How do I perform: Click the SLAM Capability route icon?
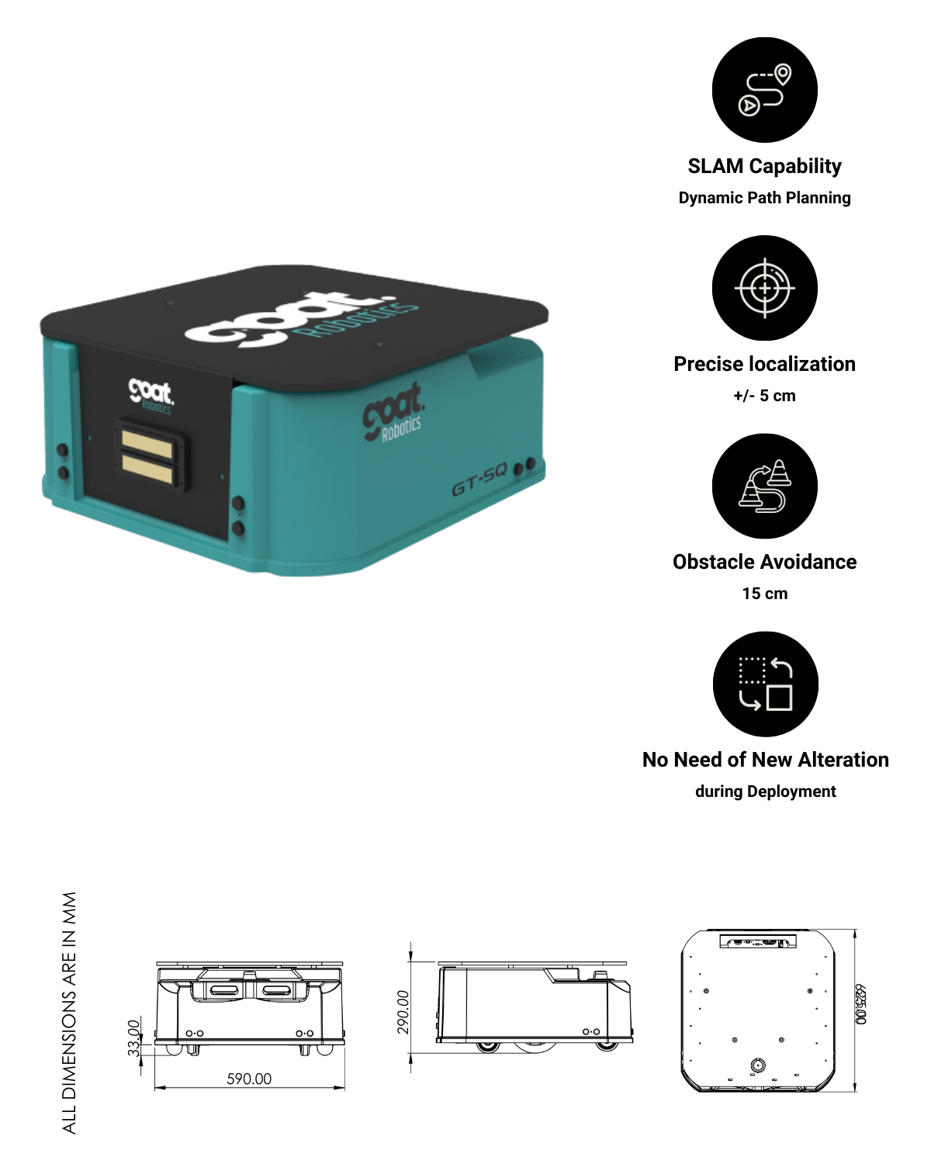[764, 90]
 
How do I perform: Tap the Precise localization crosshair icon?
[764, 288]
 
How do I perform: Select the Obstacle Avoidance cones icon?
[764, 486]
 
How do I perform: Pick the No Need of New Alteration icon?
[764, 684]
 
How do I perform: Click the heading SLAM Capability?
[764, 166]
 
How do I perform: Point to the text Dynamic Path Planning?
[764, 198]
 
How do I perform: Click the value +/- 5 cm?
[764, 396]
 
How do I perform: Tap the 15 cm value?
[764, 594]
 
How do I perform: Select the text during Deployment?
[765, 792]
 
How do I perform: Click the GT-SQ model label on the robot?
[479, 487]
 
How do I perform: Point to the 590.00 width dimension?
[249, 1079]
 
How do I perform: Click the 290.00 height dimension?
[403, 1012]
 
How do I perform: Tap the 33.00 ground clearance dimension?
[133, 1038]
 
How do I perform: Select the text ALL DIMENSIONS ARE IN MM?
[70, 1013]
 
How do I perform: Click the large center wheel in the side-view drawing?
[535, 1046]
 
